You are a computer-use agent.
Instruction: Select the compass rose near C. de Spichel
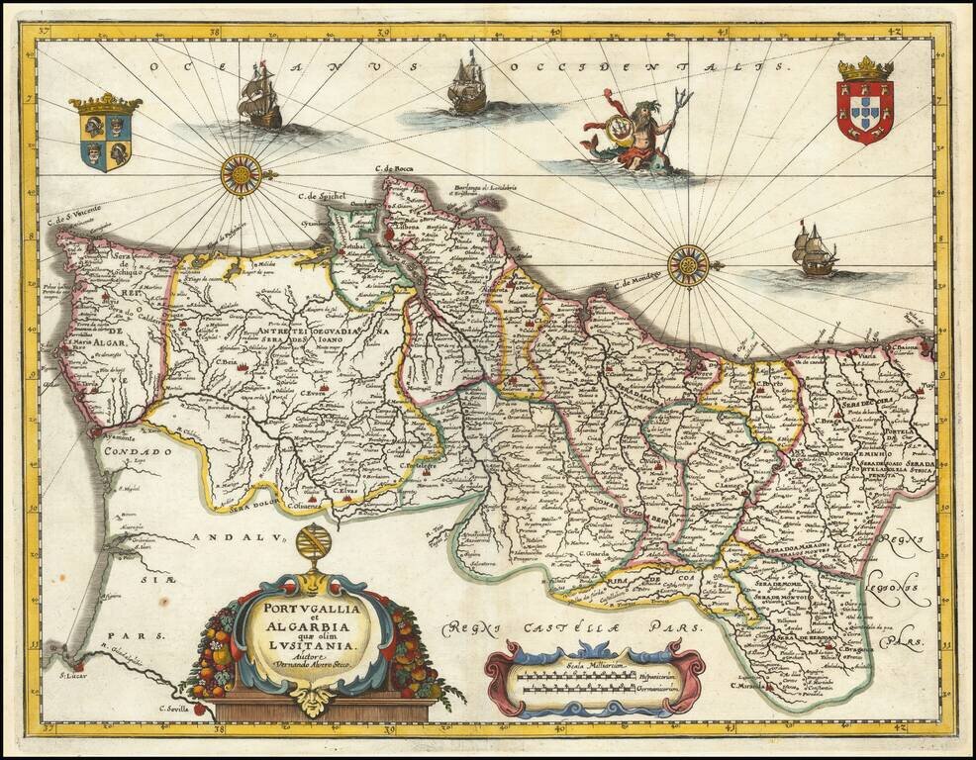[241, 175]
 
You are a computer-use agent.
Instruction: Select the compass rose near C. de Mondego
[687, 265]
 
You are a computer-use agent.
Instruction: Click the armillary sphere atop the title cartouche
[314, 545]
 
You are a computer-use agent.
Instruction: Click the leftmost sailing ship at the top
[260, 96]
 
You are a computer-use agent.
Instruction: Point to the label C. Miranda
[747, 685]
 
